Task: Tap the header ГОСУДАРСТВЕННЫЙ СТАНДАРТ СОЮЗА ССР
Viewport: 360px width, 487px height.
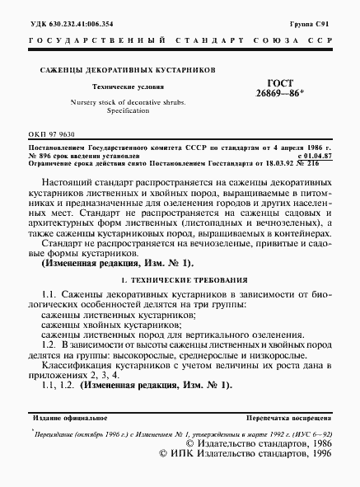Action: coord(180,40)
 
